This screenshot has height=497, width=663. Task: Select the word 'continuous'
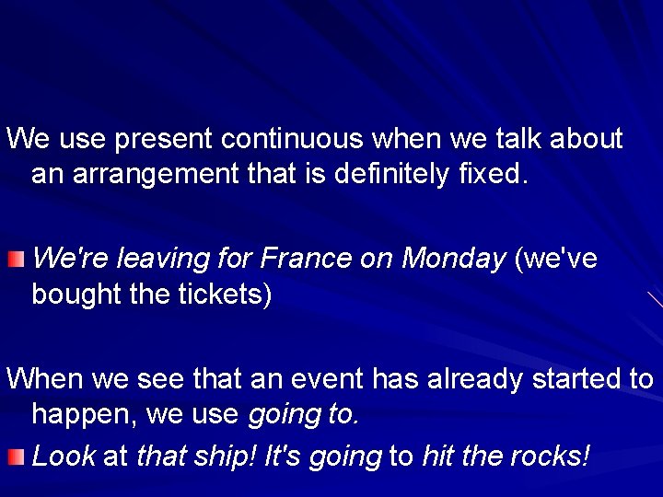coord(293,139)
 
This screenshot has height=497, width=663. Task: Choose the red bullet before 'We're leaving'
coord(15,260)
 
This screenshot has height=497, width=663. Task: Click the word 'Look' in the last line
coord(64,454)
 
